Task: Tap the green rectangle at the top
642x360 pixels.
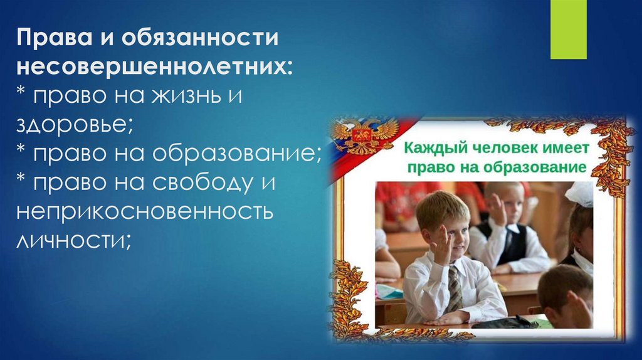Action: [x=568, y=29]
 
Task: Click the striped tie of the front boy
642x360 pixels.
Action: [x=455, y=289]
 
